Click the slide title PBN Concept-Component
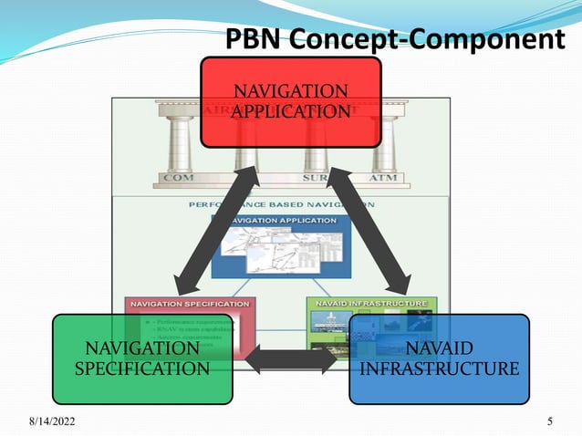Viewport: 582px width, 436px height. tap(395, 39)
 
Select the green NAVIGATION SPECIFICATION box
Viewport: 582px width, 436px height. tap(141, 358)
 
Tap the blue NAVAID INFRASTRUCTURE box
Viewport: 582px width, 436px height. tap(439, 358)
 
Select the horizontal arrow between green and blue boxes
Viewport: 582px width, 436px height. tap(290, 358)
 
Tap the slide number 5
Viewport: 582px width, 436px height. tap(550, 420)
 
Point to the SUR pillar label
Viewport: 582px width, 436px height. tap(315, 177)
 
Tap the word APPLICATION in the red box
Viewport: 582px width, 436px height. tap(291, 111)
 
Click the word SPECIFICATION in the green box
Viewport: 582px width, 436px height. tap(141, 369)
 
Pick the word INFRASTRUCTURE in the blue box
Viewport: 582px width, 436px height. tap(440, 369)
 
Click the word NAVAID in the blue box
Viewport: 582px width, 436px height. tap(440, 348)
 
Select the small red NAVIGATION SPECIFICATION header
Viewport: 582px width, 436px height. tap(189, 302)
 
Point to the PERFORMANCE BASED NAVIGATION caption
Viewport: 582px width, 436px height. tap(278, 205)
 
